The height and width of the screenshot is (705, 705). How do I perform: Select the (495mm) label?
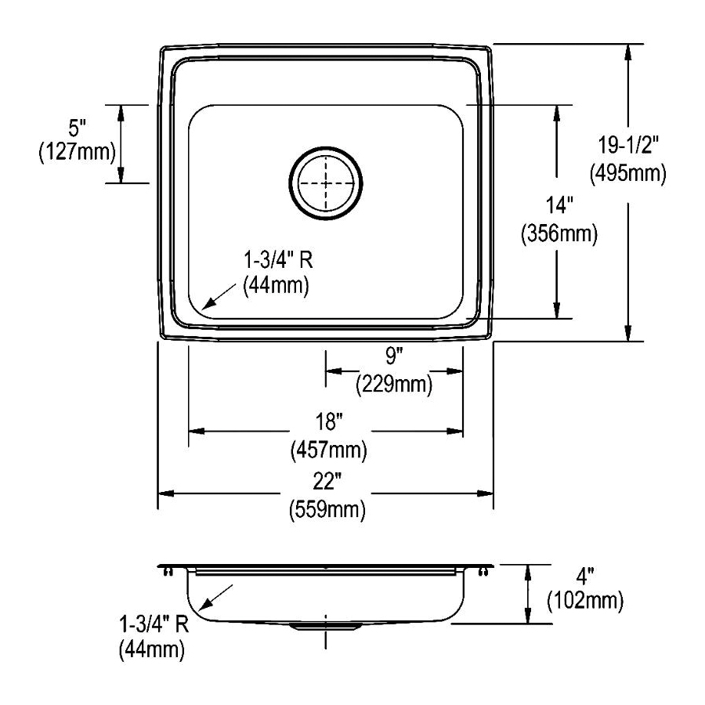(628, 173)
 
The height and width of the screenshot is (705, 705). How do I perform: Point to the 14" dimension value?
(559, 205)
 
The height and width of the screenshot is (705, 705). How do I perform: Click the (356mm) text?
(559, 233)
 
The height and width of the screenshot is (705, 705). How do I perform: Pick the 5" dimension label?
(77, 128)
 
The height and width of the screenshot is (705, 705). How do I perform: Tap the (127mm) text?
(77, 152)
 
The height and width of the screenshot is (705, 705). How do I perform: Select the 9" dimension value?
(393, 356)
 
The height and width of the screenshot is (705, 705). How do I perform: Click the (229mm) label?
(394, 385)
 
